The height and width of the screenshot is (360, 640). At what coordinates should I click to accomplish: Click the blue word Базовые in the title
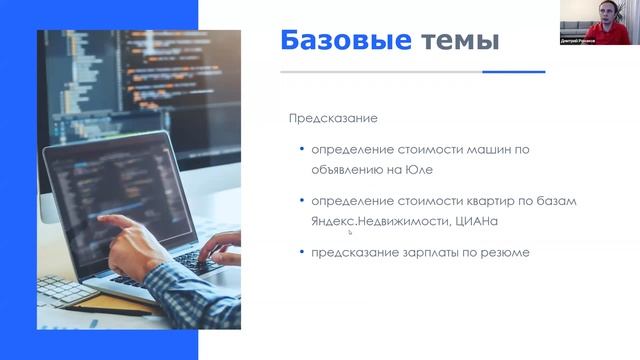[344, 41]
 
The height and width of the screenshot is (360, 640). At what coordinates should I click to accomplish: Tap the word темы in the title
[459, 41]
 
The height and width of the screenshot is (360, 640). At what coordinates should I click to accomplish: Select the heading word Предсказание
[333, 118]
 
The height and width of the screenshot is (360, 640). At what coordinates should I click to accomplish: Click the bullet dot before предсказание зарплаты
[302, 252]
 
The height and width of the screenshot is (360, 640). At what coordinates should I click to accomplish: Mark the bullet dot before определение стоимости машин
[302, 149]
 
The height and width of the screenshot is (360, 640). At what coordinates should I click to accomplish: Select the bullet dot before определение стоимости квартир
[302, 201]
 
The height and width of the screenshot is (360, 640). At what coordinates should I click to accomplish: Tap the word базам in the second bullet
[556, 201]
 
